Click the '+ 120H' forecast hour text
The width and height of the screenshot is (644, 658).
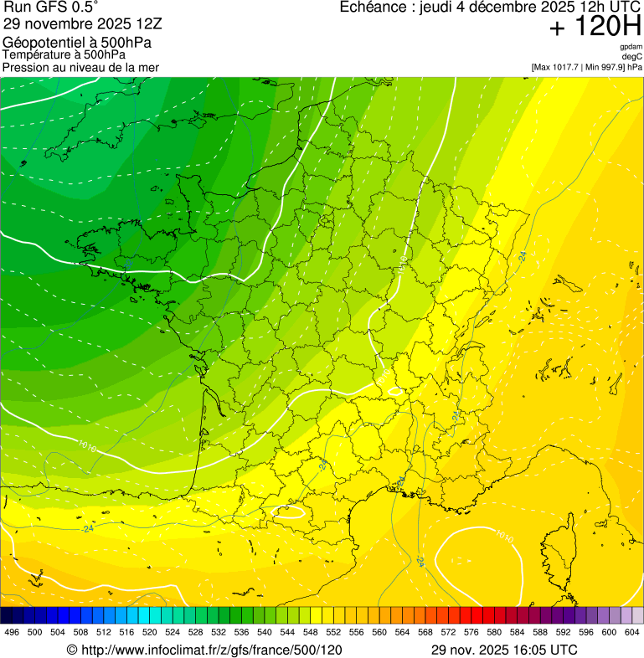click(595, 28)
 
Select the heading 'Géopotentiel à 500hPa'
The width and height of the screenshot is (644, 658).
click(77, 43)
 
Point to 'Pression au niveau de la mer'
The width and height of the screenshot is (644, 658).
click(80, 67)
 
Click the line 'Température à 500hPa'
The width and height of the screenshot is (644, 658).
click(64, 55)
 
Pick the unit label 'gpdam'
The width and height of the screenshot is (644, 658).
click(631, 47)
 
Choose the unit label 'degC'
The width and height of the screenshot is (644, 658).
click(633, 56)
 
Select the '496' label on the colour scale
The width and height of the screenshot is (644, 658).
click(12, 632)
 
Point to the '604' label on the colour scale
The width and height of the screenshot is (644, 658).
click(632, 632)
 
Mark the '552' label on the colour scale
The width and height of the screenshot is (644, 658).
click(333, 632)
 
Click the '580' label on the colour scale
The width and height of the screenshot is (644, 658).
click(494, 632)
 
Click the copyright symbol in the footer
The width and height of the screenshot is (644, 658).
click(72, 650)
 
